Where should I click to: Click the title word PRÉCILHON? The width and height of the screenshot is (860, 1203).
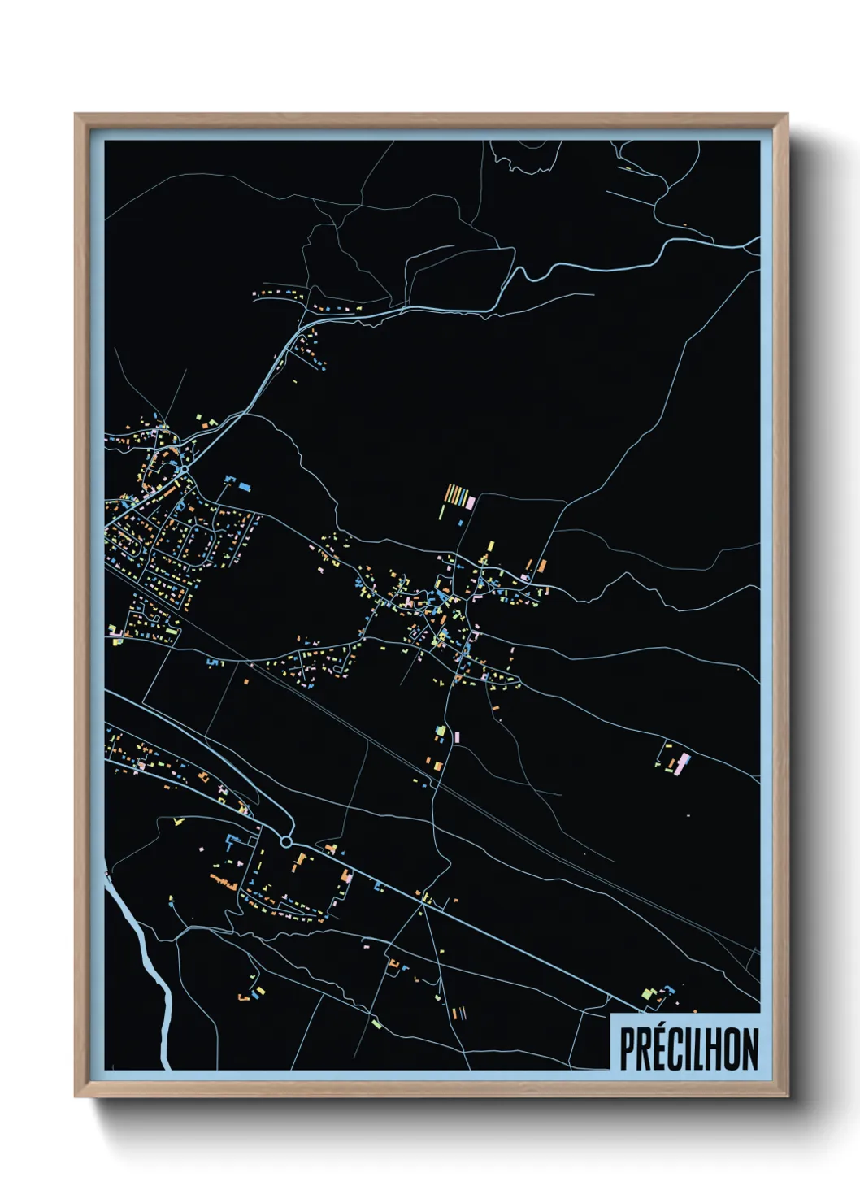pos(688,1049)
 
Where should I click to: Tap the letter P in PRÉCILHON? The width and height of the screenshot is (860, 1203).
pos(628,1049)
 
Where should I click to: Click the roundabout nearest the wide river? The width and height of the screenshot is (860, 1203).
pos(286,841)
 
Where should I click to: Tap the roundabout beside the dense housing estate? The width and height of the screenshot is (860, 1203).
pos(185,469)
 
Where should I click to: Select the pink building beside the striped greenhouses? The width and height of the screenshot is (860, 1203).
pos(471,502)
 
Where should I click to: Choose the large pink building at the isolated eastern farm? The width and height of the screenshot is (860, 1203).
pos(683,762)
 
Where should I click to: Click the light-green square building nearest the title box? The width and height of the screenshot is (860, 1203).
pos(648,993)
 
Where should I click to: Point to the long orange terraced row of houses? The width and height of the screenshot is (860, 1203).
pos(224,881)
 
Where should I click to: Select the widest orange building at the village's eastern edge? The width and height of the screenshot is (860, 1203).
pos(541,565)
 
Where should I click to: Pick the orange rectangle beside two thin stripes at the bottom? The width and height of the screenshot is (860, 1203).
pos(454,1013)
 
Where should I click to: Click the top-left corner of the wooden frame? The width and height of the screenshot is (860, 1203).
pos(76,115)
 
